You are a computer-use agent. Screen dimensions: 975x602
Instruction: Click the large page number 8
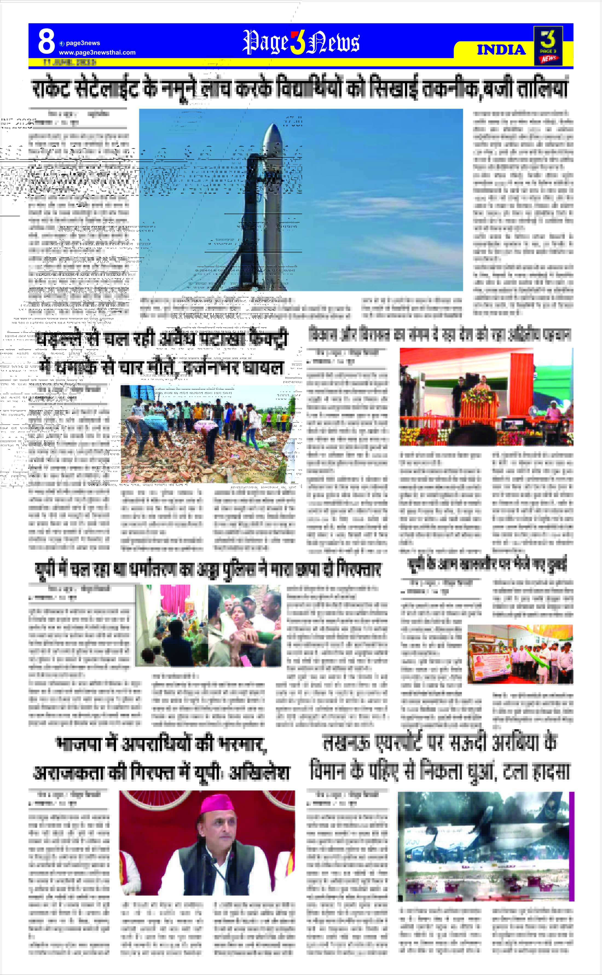click(46, 42)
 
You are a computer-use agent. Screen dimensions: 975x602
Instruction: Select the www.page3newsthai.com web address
click(97, 53)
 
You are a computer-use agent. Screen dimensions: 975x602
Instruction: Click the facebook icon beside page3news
click(62, 44)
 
